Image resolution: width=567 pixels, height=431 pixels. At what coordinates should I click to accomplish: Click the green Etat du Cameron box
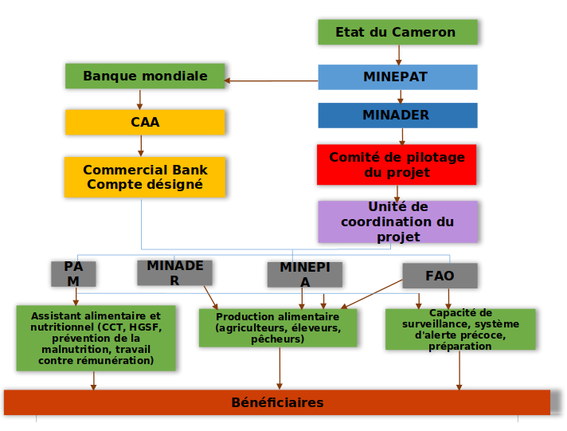coord(397,32)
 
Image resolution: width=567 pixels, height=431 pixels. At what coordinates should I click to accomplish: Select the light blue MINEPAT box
coord(397,76)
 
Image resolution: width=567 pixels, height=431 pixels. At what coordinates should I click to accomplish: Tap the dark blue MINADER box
coord(397,115)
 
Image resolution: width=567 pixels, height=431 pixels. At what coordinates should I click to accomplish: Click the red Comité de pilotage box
coord(397,164)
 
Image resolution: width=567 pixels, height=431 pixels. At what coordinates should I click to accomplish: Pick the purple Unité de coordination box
coord(397,221)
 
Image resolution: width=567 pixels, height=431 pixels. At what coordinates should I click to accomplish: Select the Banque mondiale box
coord(145,76)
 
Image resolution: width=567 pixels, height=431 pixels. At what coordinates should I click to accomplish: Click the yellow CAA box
coord(145,122)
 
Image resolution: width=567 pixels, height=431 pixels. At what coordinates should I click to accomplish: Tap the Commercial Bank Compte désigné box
coord(145,177)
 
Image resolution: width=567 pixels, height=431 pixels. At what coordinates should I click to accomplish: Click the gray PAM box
coord(73,273)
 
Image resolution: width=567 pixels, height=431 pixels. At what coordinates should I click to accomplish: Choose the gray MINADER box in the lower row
coord(174,272)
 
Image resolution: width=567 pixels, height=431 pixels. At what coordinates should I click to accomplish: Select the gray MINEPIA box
coord(305,274)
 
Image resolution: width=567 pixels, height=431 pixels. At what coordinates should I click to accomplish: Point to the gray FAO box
coord(440,276)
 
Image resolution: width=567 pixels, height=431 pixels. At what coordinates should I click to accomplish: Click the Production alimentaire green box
coord(278,327)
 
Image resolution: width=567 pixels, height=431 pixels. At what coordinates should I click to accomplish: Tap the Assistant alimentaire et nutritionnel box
coord(96,339)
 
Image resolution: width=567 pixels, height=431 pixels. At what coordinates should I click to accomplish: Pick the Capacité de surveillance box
coord(460,329)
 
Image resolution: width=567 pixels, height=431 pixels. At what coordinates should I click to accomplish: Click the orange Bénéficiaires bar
coord(277,402)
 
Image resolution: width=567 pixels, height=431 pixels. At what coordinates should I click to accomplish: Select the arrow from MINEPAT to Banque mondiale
coord(271,80)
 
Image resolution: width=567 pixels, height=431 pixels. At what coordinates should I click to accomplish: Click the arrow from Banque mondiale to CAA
coord(140,99)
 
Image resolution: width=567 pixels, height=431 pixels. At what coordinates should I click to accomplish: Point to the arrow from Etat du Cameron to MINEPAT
coord(399,54)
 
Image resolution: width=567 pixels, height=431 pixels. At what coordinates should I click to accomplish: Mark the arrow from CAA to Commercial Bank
coord(141,145)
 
